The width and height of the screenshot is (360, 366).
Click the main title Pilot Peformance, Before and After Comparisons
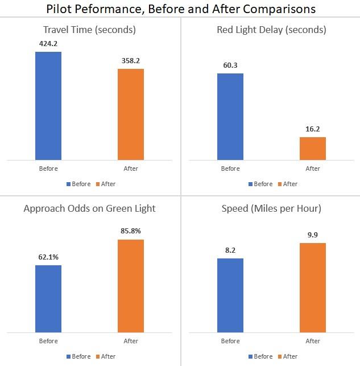pyautogui.click(x=180, y=9)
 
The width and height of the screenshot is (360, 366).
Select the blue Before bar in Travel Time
pyautogui.click(x=48, y=106)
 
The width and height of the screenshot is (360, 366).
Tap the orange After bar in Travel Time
pyautogui.click(x=131, y=114)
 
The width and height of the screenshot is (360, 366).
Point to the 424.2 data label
pyautogui.click(x=48, y=43)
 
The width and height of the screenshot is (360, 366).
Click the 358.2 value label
pyautogui.click(x=131, y=60)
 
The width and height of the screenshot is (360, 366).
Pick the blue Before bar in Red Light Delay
pyautogui.click(x=230, y=117)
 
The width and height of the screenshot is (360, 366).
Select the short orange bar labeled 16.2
pyautogui.click(x=313, y=149)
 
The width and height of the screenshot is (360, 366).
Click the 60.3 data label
pyautogui.click(x=230, y=65)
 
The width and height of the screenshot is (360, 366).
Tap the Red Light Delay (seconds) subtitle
pyautogui.click(x=271, y=30)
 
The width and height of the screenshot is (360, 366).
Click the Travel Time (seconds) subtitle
pyautogui.click(x=89, y=30)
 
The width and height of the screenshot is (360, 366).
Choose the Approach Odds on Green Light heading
pyautogui.click(x=89, y=208)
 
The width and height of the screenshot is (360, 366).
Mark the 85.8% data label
pyautogui.click(x=131, y=231)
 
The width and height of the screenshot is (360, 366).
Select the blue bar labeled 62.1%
pyautogui.click(x=48, y=299)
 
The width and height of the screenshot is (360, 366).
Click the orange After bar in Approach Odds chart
pyautogui.click(x=131, y=286)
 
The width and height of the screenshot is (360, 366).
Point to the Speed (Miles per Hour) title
pyautogui.click(x=271, y=208)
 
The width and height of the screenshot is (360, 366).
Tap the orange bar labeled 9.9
pyautogui.click(x=313, y=287)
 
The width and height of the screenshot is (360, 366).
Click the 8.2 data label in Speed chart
pyautogui.click(x=230, y=250)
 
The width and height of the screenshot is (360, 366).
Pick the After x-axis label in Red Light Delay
pyautogui.click(x=313, y=168)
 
